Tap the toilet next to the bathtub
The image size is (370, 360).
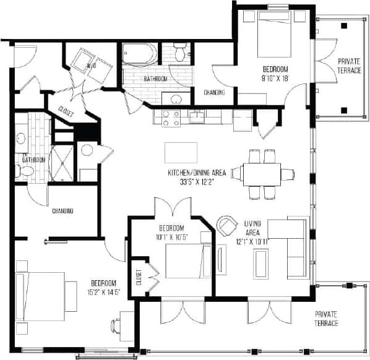[x=179, y=53]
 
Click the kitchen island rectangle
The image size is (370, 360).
[x=181, y=152]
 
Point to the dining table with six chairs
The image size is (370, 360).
[x=262, y=174]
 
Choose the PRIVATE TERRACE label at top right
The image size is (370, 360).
[x=350, y=66]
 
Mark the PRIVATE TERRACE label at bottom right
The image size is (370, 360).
[x=326, y=319]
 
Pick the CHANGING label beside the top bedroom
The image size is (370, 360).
[x=213, y=92]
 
